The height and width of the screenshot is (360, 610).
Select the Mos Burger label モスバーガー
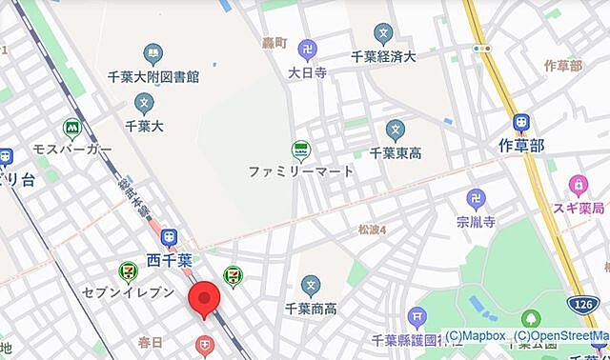pyautogui.click(x=72, y=150)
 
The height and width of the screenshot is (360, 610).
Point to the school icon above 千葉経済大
pyautogui.click(x=382, y=34)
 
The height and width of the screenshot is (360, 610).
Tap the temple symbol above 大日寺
pyautogui.click(x=308, y=49)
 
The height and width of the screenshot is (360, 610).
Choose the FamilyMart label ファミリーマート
pyautogui.click(x=300, y=171)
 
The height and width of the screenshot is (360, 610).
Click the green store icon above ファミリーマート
pyautogui.click(x=300, y=150)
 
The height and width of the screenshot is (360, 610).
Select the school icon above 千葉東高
pyautogui.click(x=396, y=130)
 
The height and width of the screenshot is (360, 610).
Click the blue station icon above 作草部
pyautogui.click(x=520, y=123)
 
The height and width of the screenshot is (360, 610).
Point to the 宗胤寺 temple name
pyautogui.click(x=475, y=222)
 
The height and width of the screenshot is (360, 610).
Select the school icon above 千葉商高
pyautogui.click(x=310, y=283)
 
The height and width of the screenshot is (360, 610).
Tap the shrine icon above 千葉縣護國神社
pyautogui.click(x=416, y=317)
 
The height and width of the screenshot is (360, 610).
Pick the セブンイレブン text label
pyautogui.click(x=128, y=293)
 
